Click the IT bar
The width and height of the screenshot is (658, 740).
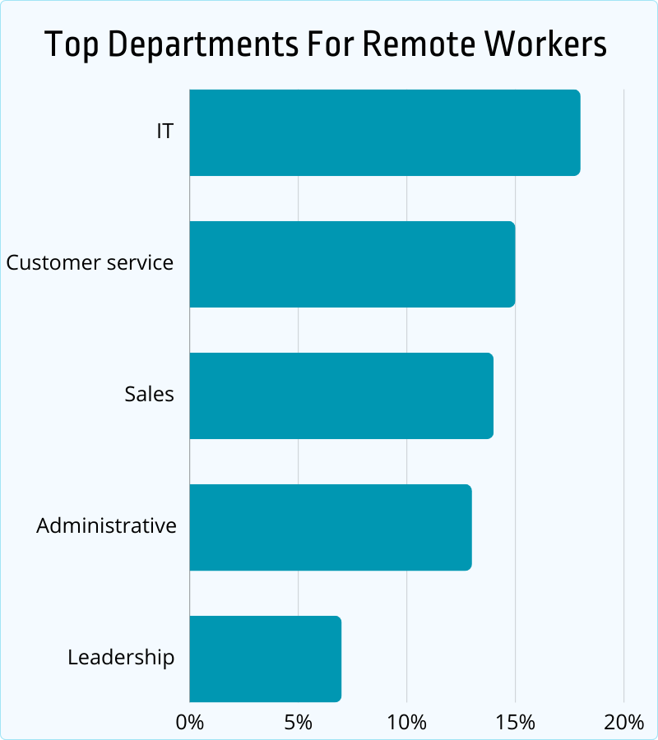tap(384, 132)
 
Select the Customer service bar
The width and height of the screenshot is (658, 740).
tap(352, 264)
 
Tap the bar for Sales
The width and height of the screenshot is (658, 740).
tap(341, 395)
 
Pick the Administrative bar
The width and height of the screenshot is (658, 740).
tap(330, 527)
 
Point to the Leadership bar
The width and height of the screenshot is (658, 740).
tap(265, 659)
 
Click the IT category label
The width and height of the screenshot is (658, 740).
tap(165, 132)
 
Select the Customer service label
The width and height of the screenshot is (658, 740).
tap(90, 263)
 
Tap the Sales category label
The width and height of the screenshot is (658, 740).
tap(150, 395)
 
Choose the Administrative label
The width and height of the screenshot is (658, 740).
tap(106, 526)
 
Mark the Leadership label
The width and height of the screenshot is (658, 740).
tap(121, 658)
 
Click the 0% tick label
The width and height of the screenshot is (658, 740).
tap(190, 723)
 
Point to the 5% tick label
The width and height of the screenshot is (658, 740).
tap(299, 723)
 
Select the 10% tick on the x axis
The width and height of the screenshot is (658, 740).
tap(407, 723)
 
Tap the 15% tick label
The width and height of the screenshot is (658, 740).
tap(516, 723)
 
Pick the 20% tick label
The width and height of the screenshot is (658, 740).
tap(624, 723)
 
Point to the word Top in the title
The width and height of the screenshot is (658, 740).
tap(66, 45)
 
